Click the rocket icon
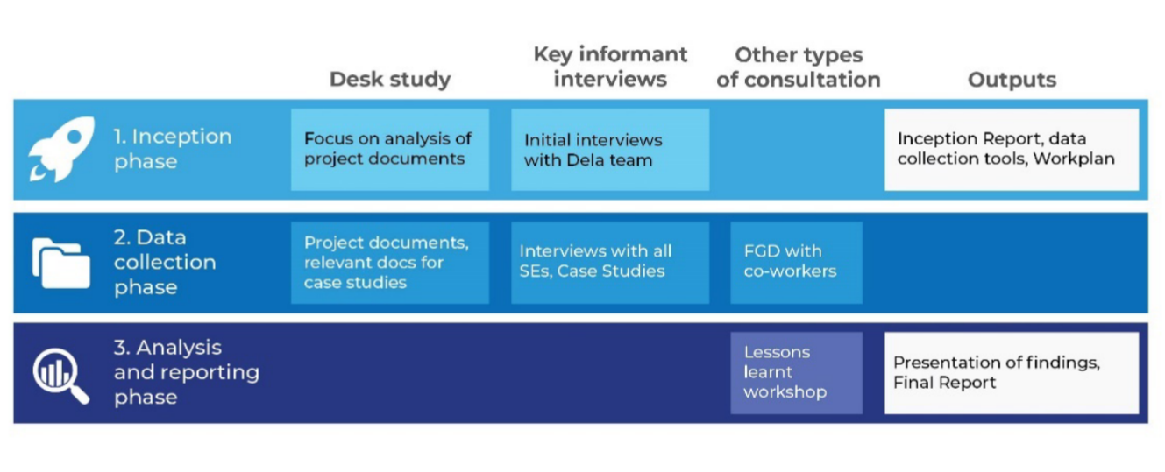pyautogui.click(x=61, y=149)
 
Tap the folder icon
pyautogui.click(x=60, y=263)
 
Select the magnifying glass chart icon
pyautogui.click(x=60, y=376)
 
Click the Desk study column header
pyautogui.click(x=390, y=80)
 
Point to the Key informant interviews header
pyautogui.click(x=610, y=67)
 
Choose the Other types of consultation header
pyautogui.click(x=799, y=67)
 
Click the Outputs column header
pyautogui.click(x=1012, y=80)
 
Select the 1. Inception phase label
pyautogui.click(x=173, y=149)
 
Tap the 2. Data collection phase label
pyautogui.click(x=165, y=262)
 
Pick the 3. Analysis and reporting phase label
pyautogui.click(x=186, y=372)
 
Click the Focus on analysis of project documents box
pyautogui.click(x=390, y=149)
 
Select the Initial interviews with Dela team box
pyautogui.click(x=610, y=149)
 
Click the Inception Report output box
pyautogui.click(x=1012, y=149)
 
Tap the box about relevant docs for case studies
pyautogui.click(x=390, y=263)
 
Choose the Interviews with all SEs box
pyautogui.click(x=610, y=263)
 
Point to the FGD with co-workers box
pyautogui.click(x=796, y=263)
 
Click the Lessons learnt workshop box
pyautogui.click(x=796, y=373)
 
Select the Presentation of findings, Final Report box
pyautogui.click(x=1012, y=373)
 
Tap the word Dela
pyautogui.click(x=585, y=160)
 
